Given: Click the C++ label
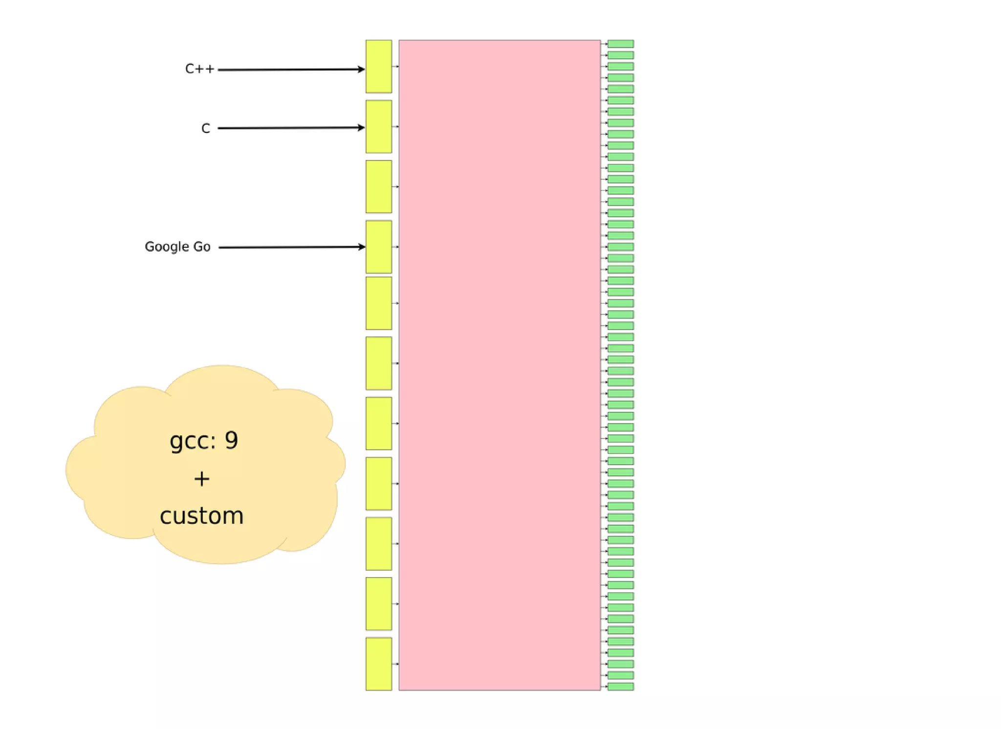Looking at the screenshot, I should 199,69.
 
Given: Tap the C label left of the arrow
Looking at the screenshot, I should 206,129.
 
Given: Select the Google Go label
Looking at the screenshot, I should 177,247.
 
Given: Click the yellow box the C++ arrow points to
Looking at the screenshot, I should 379,66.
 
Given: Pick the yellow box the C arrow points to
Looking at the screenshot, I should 379,127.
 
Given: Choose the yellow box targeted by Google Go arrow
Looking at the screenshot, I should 379,247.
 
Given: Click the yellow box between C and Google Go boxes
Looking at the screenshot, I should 379,187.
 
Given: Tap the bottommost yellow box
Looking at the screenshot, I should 379,664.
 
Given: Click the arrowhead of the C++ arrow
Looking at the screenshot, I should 361,69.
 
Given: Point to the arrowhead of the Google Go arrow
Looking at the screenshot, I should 362,247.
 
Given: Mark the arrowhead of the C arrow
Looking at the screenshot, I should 361,128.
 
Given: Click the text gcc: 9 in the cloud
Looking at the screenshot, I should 204,440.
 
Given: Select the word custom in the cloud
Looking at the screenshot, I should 202,516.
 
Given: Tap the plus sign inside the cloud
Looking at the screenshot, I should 202,479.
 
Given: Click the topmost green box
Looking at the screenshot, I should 620,44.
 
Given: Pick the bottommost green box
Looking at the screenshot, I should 620,686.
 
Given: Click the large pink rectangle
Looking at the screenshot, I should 499,365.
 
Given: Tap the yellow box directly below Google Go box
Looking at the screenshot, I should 379,303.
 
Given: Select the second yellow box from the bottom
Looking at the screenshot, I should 379,603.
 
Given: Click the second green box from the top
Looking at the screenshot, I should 620,55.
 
